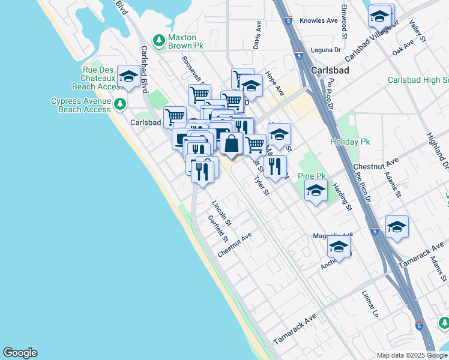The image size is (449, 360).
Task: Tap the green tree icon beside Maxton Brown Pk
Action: click(159, 41)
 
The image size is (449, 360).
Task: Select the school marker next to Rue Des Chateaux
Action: click(128, 76)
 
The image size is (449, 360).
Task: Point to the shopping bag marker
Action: click(232, 144)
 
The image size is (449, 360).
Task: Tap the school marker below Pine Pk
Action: click(316, 191)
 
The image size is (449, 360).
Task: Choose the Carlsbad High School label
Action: click(418, 80)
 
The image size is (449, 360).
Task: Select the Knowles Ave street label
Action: click(319, 20)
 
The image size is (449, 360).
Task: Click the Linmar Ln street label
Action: click(370, 305)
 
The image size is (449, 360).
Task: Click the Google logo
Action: click(20, 353)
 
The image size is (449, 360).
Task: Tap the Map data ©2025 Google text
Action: click(411, 355)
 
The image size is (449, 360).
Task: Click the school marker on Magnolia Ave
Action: click(339, 247)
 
